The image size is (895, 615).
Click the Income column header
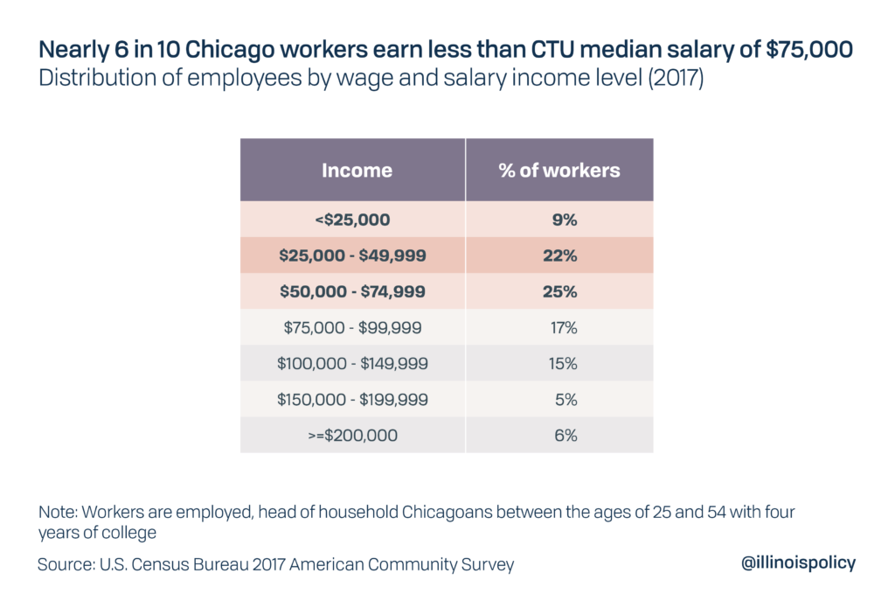point(357,170)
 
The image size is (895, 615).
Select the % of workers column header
point(559,170)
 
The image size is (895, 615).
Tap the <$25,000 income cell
point(353,220)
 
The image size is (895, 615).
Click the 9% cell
point(565,220)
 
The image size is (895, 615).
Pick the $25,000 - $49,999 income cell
point(353,256)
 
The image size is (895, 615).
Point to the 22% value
point(564,256)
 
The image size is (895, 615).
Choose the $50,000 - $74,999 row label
point(353,292)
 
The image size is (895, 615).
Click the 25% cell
point(564,292)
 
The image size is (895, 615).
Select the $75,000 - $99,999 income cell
point(353,328)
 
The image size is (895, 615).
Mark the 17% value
point(564,328)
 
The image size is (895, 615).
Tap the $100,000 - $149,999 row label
point(353,363)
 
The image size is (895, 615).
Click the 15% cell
point(564,363)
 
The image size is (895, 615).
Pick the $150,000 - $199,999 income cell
point(353,399)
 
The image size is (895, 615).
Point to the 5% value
point(565,399)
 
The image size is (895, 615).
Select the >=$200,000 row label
point(353,435)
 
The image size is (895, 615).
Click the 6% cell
point(565,435)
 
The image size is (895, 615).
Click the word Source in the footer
point(66,564)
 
